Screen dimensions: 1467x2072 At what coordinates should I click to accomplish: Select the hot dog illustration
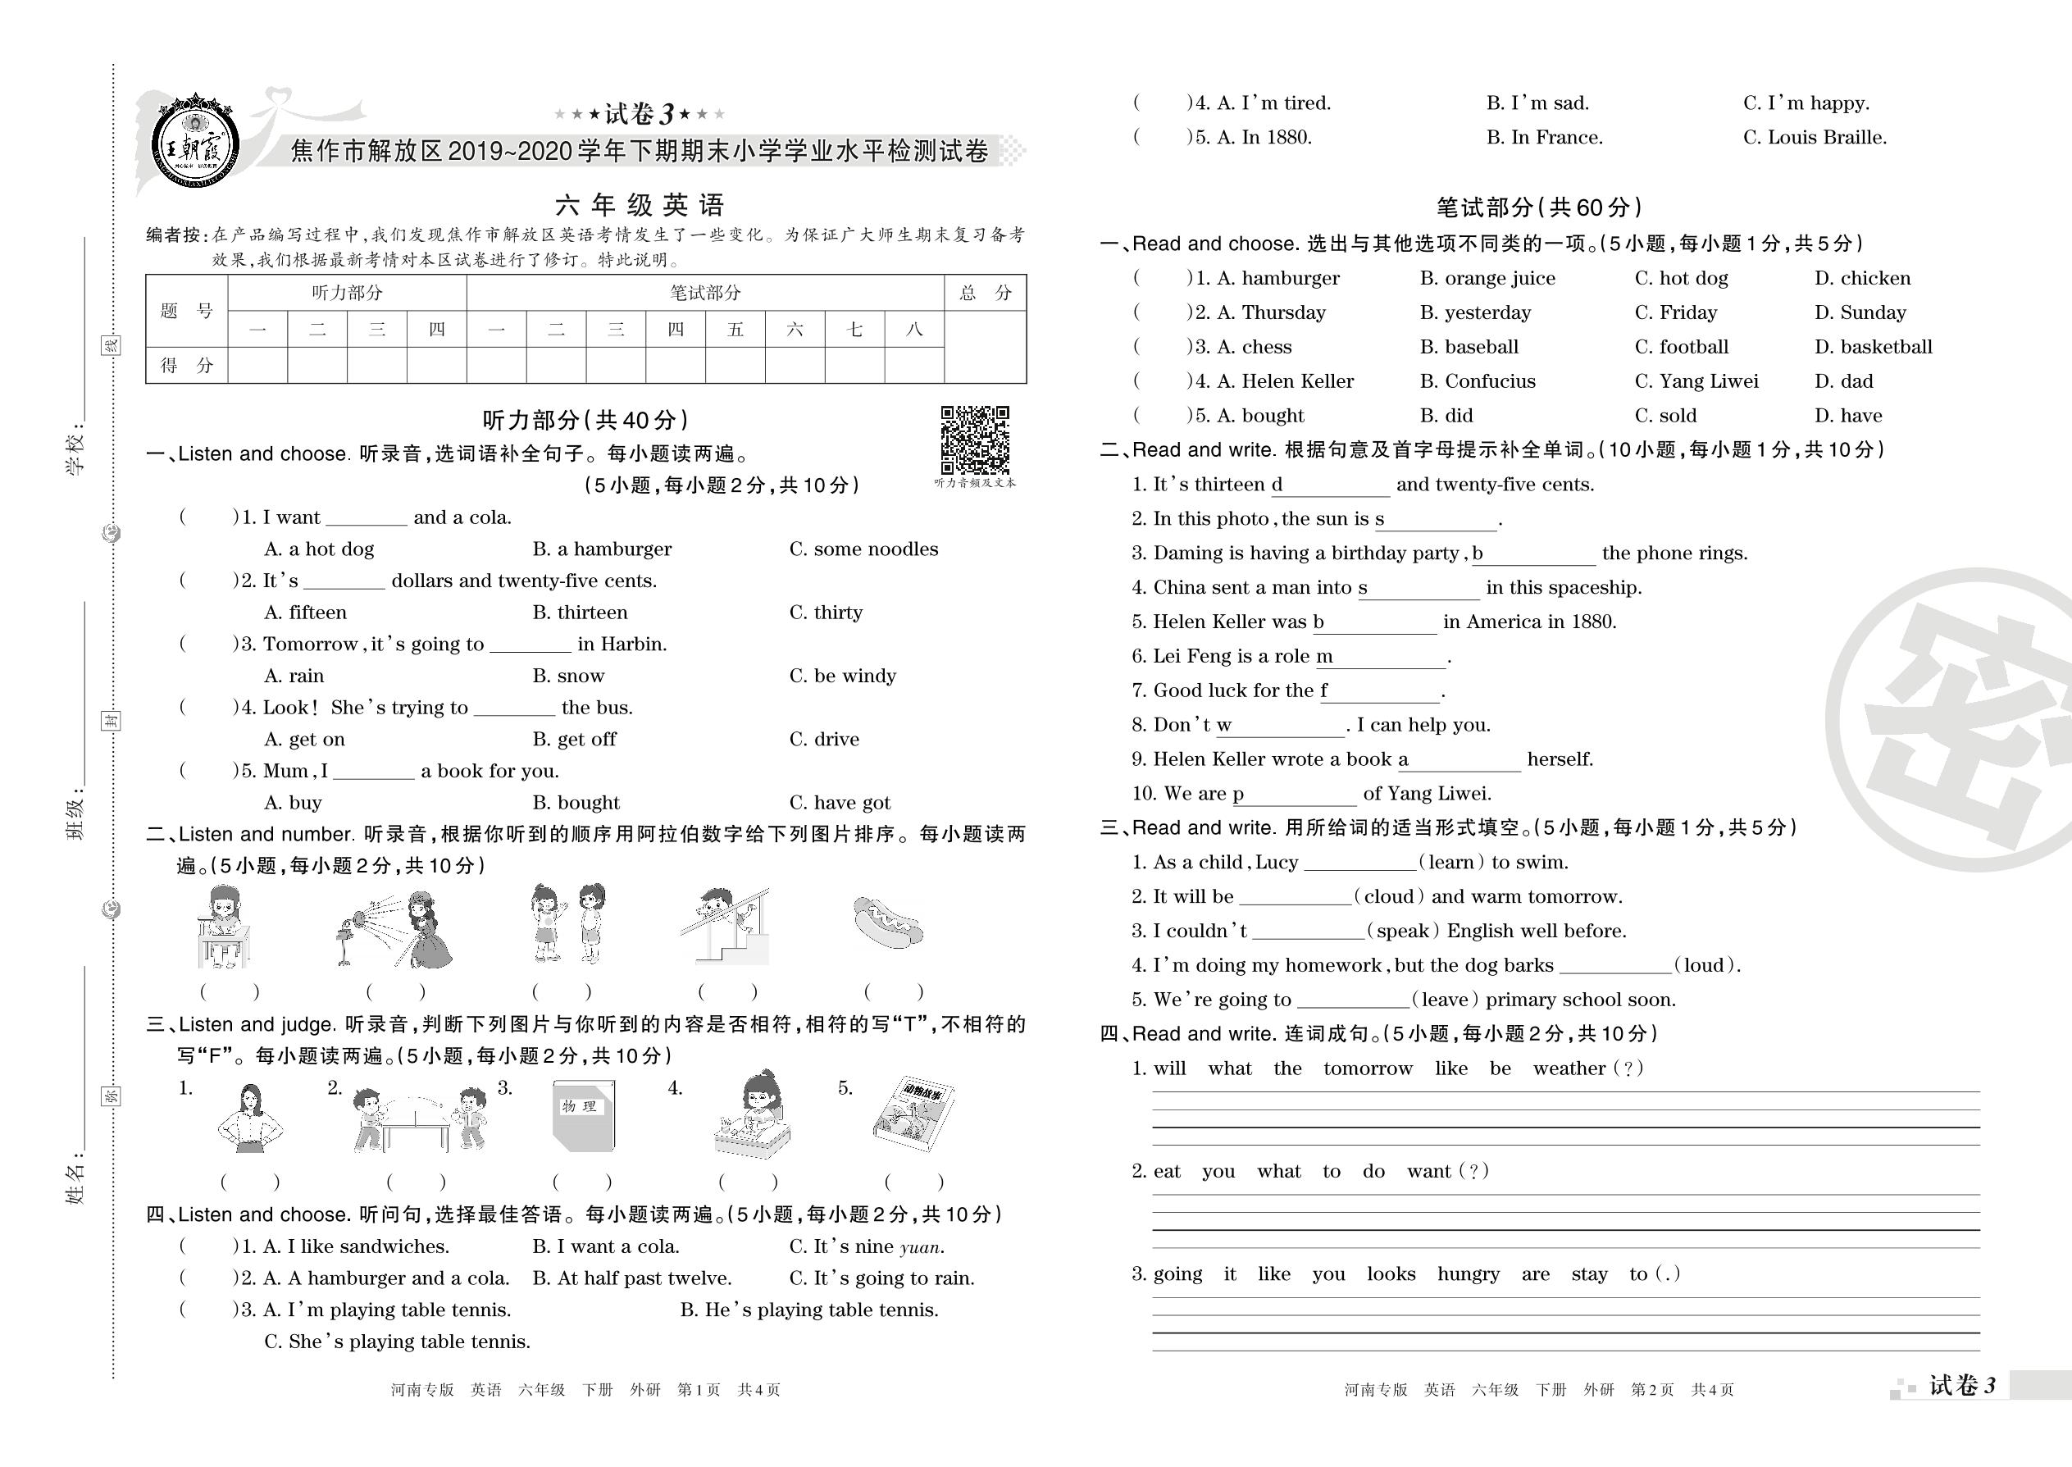[x=887, y=924]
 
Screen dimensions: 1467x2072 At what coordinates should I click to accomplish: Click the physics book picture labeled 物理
[x=584, y=1117]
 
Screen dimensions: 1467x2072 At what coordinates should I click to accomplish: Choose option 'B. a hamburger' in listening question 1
[x=602, y=549]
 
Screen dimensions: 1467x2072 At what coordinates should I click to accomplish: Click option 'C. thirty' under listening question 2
[x=826, y=613]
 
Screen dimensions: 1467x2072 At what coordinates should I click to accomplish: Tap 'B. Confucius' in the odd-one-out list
[x=1477, y=381]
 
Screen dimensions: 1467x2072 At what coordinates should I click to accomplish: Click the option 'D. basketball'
[x=1873, y=347]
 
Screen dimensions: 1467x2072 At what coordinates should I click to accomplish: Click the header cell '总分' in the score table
[x=985, y=293]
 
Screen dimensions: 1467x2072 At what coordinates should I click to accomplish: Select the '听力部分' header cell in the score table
[x=347, y=293]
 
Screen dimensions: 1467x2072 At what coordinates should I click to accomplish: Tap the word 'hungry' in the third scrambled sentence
[x=1468, y=1274]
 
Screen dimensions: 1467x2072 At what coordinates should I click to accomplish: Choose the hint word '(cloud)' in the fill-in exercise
[x=1388, y=897]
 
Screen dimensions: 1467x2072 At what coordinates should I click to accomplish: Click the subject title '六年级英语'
[x=640, y=205]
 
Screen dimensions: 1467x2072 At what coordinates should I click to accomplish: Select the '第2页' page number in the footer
[x=1652, y=1389]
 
